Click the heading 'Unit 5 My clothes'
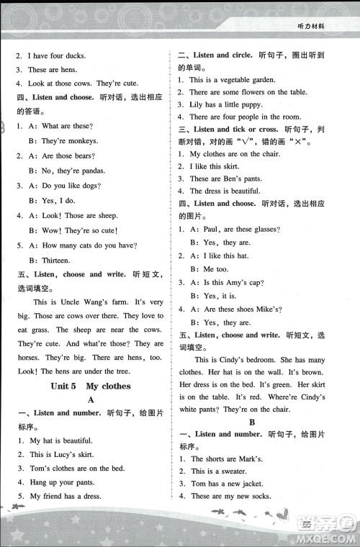90,386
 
